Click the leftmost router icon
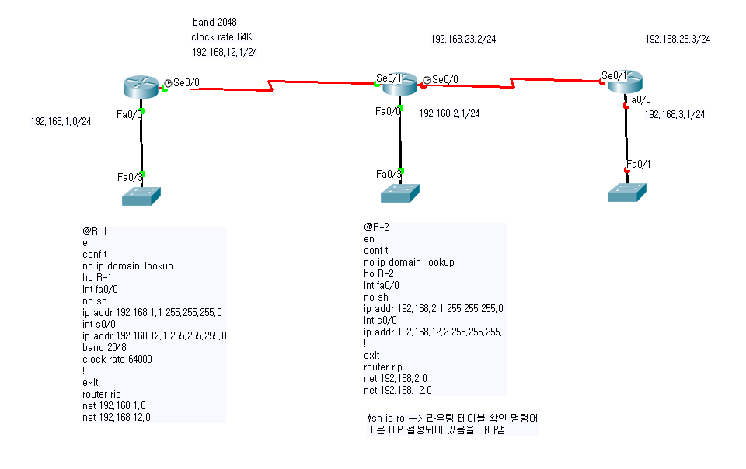point(141,87)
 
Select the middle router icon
point(399,84)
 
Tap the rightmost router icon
point(625,82)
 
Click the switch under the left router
point(141,196)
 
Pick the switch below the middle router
point(400,193)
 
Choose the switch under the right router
point(627,193)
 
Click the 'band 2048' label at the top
point(214,22)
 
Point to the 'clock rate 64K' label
point(221,37)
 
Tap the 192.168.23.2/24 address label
point(463,39)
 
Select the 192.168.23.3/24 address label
point(678,39)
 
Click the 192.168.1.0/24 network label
point(61,122)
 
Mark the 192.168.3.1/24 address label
point(675,114)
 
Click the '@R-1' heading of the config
point(95,231)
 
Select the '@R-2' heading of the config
point(376,228)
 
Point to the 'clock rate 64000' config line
point(117,360)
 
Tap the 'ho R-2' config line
point(378,273)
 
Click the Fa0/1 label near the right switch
point(639,165)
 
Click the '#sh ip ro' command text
point(385,419)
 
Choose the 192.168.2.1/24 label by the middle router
point(450,113)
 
